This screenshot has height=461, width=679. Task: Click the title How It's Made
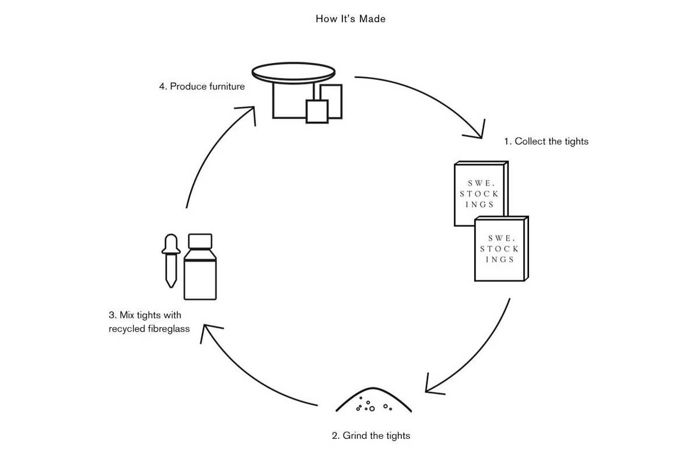tap(350, 19)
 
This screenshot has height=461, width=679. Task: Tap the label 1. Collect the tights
tap(546, 141)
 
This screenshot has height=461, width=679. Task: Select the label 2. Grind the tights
tap(371, 435)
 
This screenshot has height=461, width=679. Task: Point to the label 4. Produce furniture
tap(202, 86)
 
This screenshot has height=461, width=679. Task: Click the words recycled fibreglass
tap(149, 329)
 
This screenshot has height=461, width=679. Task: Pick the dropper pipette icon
tap(170, 260)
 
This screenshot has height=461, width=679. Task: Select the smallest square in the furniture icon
tap(317, 111)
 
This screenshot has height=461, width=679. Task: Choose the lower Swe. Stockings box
tap(500, 249)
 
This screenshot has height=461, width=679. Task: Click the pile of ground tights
tap(373, 401)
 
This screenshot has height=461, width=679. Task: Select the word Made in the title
tap(372, 19)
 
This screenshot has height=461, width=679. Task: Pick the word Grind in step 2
tap(355, 435)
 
